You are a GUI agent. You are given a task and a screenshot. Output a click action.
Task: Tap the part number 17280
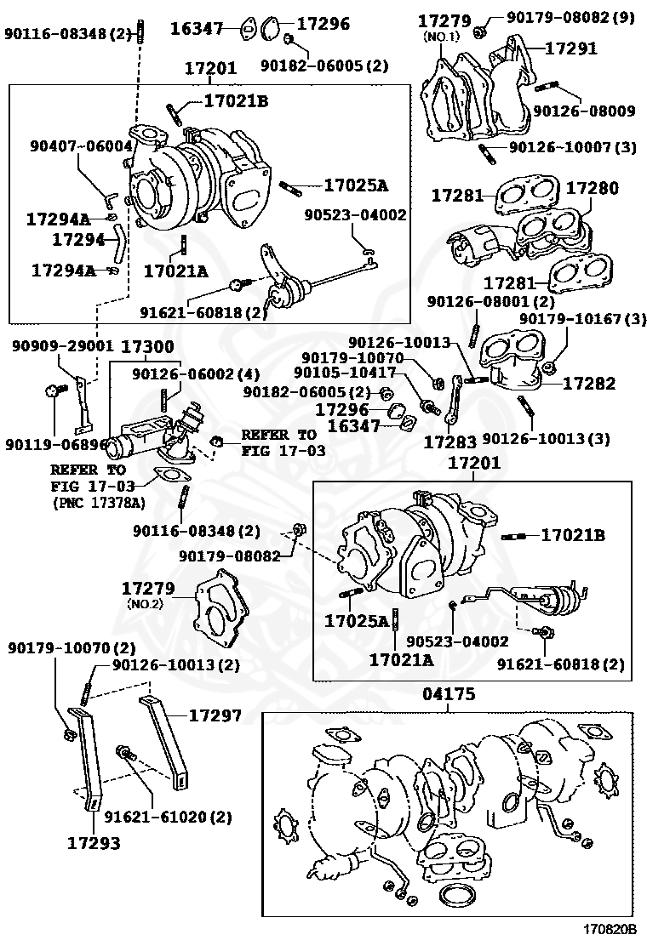[x=593, y=188]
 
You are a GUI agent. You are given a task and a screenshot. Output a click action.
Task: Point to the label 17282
[x=587, y=384]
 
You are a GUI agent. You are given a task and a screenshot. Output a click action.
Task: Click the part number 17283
[x=449, y=442]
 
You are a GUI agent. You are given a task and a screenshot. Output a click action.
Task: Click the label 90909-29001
[x=63, y=347]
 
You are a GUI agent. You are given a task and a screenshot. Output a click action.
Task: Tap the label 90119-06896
[x=55, y=443]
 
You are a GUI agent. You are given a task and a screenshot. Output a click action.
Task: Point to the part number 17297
[x=215, y=716]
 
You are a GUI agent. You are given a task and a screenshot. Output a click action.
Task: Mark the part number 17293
[x=94, y=844]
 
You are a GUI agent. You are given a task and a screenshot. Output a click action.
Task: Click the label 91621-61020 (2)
[x=168, y=818]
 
